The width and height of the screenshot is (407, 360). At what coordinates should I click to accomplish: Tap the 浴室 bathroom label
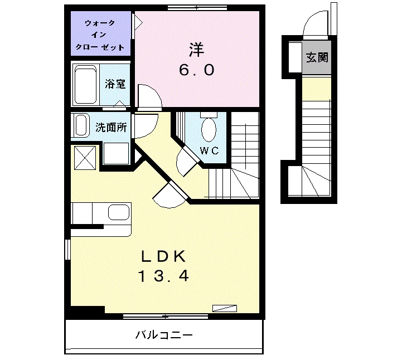[x=115, y=85]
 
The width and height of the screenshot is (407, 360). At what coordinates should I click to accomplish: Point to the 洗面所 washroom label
[x=112, y=127]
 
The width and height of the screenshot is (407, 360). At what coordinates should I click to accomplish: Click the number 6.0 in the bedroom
[x=196, y=71]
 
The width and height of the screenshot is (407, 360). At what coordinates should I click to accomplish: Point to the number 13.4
[x=163, y=275]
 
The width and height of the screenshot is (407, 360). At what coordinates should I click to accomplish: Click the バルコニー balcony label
[x=164, y=335]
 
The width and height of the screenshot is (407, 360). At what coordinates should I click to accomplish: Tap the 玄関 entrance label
[x=316, y=57]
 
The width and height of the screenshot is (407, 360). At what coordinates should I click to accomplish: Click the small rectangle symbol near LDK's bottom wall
[x=225, y=308]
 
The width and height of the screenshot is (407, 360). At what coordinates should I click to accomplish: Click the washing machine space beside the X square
[x=115, y=153]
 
